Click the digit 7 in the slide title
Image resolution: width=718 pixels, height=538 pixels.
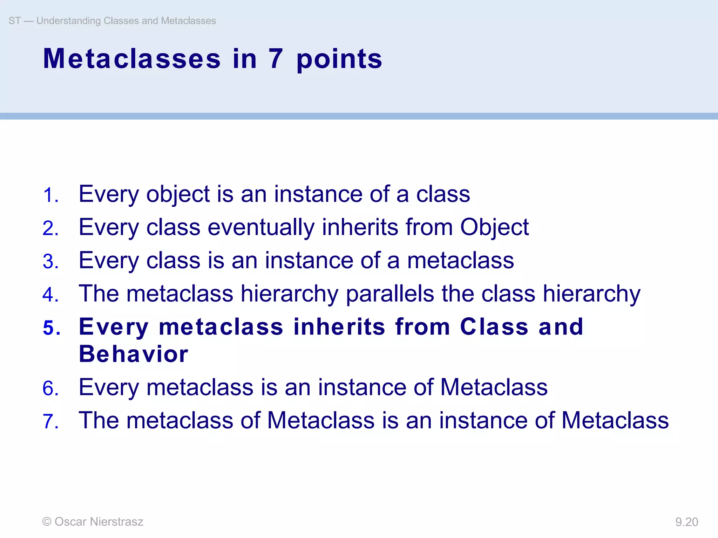coord(276,58)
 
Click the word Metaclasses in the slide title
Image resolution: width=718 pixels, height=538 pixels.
coord(132,58)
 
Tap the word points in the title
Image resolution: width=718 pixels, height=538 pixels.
coord(339,60)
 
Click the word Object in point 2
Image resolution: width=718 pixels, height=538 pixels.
coord(494,228)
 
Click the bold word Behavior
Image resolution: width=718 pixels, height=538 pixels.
coord(134,354)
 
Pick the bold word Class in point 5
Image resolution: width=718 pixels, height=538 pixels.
coord(494,327)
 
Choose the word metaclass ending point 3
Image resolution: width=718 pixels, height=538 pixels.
coord(460,261)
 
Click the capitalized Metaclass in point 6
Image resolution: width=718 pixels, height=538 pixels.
coord(494,387)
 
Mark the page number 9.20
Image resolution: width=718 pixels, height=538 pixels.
coord(686,522)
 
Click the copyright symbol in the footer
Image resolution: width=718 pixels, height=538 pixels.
coord(47,522)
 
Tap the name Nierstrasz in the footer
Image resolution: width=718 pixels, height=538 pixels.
coord(116,522)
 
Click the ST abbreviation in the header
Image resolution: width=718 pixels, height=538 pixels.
coord(15,21)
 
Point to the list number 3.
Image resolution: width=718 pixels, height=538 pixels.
coord(50,262)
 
